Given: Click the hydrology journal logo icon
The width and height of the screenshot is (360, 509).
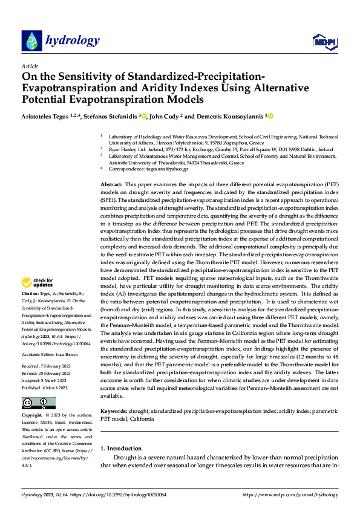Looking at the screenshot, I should click(31, 41).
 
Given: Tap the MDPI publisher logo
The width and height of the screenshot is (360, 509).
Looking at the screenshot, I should click(322, 41).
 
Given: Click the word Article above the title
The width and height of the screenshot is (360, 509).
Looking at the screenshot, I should click(30, 66).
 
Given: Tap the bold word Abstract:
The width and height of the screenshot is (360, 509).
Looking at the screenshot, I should click(111, 184).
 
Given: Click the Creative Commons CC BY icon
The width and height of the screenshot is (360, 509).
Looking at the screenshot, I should click(38, 403).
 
